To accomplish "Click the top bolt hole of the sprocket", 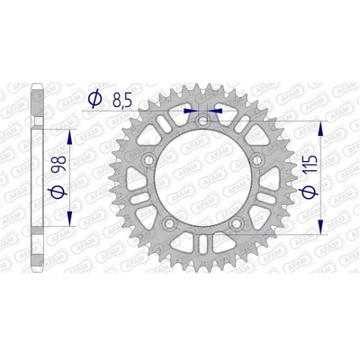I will click(203, 119).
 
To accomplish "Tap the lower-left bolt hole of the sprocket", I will click(169, 225).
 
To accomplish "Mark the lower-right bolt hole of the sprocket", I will click(238, 225).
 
